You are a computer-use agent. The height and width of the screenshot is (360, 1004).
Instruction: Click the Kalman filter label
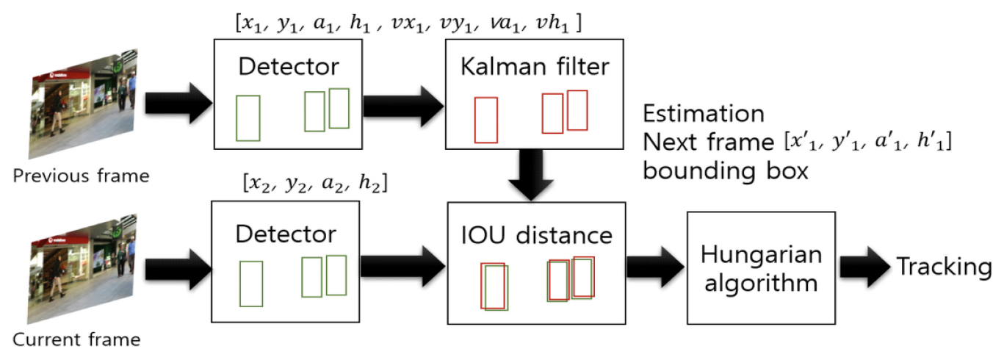(x=534, y=68)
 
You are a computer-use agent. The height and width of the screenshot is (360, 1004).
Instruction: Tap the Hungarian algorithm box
(x=760, y=269)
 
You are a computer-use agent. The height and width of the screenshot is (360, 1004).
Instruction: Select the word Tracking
(x=943, y=267)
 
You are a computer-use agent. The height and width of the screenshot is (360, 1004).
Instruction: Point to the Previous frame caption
(x=80, y=176)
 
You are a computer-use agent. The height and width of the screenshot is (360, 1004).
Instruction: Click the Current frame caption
(x=76, y=340)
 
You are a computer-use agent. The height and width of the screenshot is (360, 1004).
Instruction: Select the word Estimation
(x=703, y=115)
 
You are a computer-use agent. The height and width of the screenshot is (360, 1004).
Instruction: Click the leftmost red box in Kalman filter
(x=486, y=120)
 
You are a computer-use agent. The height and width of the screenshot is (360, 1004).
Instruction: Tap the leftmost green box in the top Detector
(x=248, y=118)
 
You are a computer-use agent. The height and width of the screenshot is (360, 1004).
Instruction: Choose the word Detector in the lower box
(x=286, y=234)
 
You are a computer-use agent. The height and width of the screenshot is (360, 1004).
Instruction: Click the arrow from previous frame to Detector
(x=176, y=104)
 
